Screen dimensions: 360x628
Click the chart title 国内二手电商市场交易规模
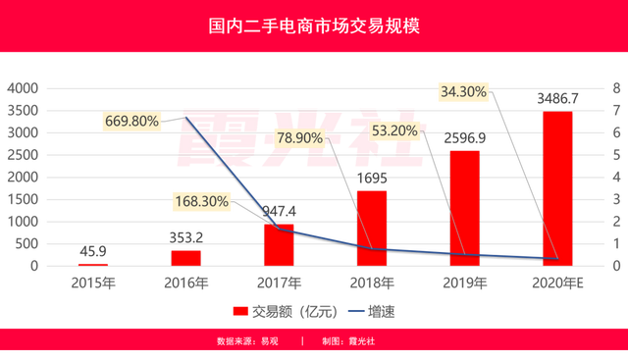pos(314,25)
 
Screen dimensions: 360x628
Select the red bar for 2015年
pos(93,263)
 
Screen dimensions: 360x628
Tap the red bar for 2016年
pos(185,256)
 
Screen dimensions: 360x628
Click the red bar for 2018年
pos(372,226)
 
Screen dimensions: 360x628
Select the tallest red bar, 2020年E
pos(558,187)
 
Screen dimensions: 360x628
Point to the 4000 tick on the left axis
pos(21,88)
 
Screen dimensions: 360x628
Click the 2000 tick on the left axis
pos(21,177)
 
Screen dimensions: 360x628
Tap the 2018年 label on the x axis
pos(372,281)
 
